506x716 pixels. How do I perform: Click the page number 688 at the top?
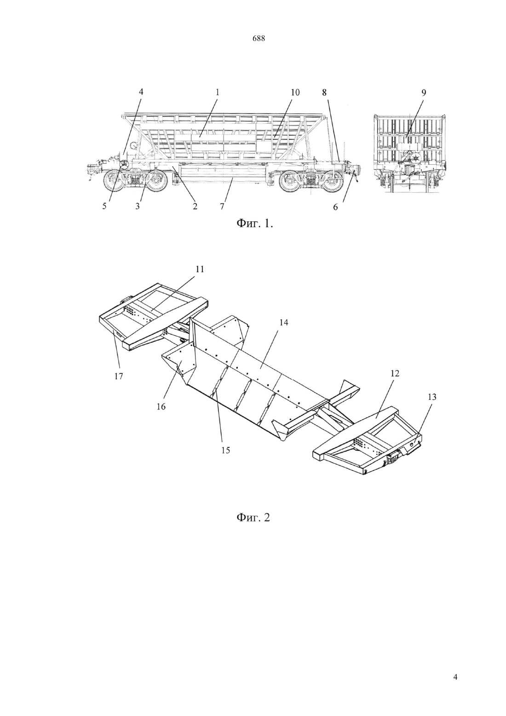(x=259, y=39)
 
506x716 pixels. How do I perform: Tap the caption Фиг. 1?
(x=254, y=223)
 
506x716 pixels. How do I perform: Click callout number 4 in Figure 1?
(x=141, y=92)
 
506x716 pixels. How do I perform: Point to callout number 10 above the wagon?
(x=295, y=92)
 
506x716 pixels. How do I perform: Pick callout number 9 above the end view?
(x=424, y=92)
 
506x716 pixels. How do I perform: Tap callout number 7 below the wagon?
(x=222, y=206)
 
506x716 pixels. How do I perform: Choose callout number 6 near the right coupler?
(x=335, y=207)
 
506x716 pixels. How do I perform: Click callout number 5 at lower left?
(x=104, y=206)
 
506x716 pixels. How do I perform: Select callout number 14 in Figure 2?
(x=284, y=323)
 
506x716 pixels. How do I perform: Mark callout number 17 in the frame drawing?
(x=119, y=376)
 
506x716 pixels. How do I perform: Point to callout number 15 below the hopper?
(x=225, y=450)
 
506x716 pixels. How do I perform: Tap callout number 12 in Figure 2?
(x=395, y=373)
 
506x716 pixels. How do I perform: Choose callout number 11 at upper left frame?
(x=200, y=269)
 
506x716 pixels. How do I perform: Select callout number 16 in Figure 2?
(x=161, y=407)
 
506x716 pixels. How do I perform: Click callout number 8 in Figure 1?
(x=324, y=92)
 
